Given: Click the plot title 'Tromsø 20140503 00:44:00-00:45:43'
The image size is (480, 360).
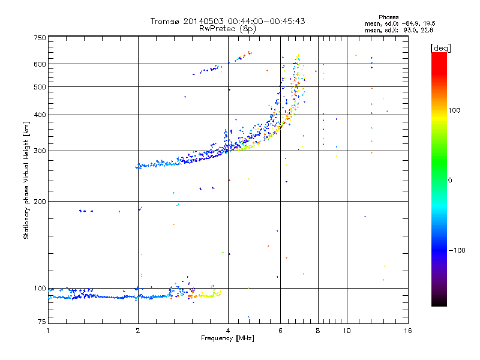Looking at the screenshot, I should [x=228, y=21].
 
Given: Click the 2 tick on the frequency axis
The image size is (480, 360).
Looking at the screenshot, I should [x=138, y=331].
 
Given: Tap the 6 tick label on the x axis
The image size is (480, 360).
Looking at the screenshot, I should [x=280, y=331].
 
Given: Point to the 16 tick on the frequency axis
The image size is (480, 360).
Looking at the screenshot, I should [x=407, y=331].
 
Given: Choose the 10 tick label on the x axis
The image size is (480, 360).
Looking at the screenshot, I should [x=346, y=331].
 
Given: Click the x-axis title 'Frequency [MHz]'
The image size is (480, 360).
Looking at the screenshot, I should [x=228, y=339].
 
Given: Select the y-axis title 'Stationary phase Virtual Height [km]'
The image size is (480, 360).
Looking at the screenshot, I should [x=26, y=180].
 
